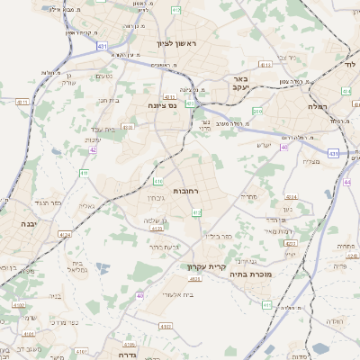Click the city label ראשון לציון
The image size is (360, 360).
(175, 42)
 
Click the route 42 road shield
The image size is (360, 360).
(93, 150)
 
